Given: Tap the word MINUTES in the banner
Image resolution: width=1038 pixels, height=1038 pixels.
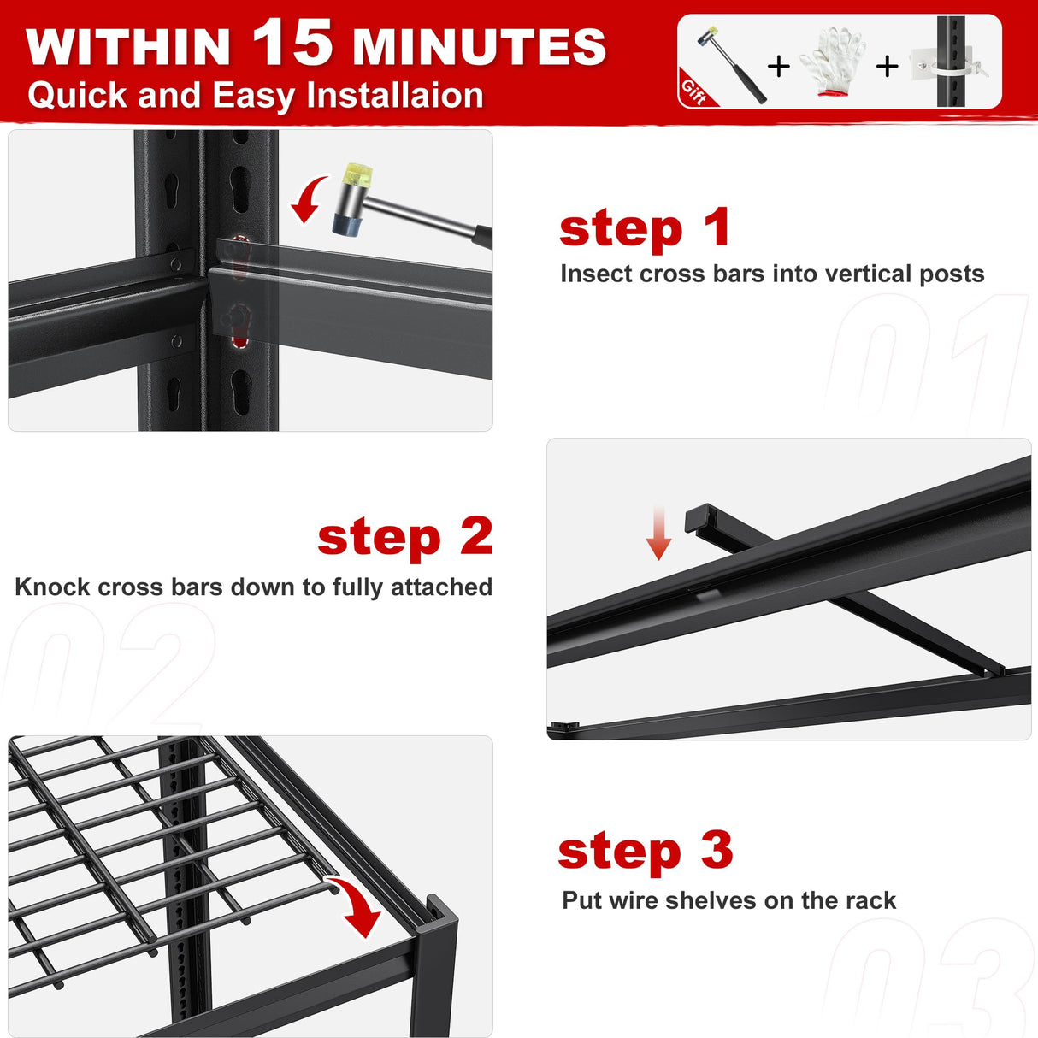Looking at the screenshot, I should (480, 47).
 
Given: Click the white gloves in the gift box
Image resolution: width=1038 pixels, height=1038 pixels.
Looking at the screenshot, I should (832, 62).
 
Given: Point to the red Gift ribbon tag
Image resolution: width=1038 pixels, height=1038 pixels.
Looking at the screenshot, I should (694, 91).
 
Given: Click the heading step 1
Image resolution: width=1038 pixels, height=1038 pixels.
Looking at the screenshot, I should (645, 229).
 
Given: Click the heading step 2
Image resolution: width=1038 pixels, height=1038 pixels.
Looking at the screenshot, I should (404, 537).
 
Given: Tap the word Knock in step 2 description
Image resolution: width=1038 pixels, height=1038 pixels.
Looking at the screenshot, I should (52, 587).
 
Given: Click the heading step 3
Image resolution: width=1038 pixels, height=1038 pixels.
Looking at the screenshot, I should (646, 852).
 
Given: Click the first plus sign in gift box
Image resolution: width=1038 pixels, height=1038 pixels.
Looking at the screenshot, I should (778, 66).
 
